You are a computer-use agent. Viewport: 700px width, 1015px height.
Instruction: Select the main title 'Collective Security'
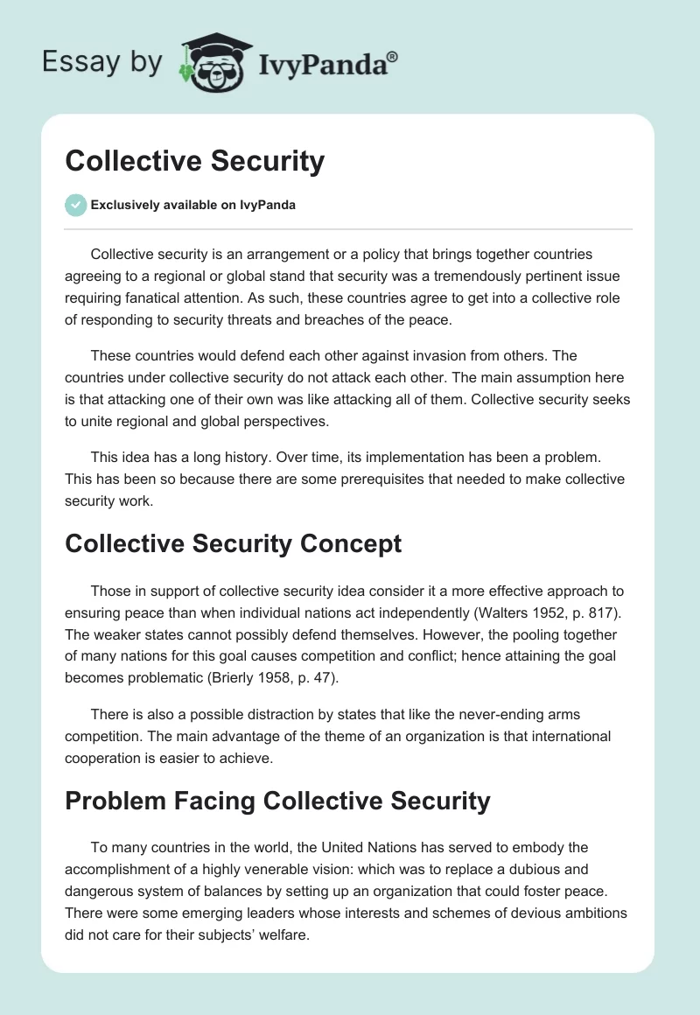pyautogui.click(x=194, y=161)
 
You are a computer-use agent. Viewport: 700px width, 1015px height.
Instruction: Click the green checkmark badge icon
pyautogui.click(x=75, y=205)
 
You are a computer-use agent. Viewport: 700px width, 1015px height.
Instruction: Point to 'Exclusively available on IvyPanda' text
pyautogui.click(x=192, y=205)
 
